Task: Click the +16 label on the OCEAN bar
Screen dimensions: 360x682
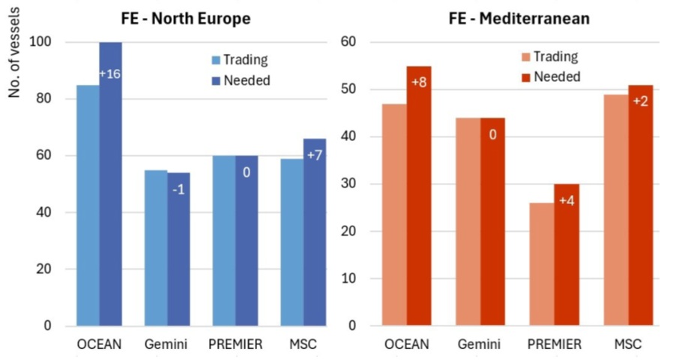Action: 110,73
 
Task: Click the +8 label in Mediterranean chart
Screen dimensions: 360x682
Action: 418,82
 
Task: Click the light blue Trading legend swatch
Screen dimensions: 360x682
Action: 216,60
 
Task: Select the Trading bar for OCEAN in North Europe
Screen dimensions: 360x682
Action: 88,205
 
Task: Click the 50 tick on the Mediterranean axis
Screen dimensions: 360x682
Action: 356,89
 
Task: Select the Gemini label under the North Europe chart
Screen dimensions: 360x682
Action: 166,345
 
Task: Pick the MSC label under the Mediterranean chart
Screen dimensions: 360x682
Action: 628,345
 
